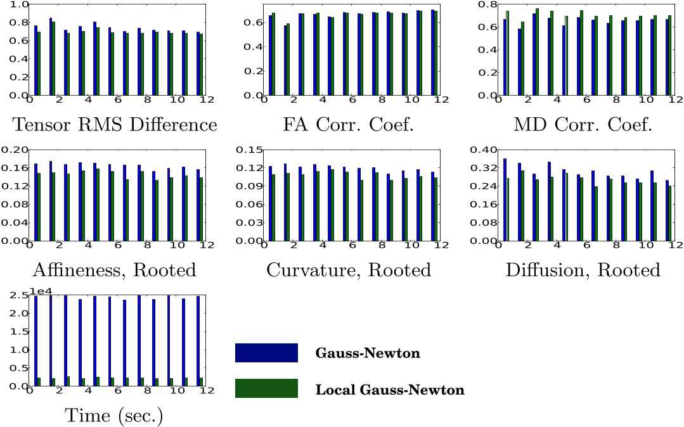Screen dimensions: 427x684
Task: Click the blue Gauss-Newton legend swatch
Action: pyautogui.click(x=266, y=353)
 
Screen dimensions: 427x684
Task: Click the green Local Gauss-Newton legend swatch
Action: pyautogui.click(x=266, y=388)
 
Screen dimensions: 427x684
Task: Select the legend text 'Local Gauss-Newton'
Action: pyautogui.click(x=390, y=390)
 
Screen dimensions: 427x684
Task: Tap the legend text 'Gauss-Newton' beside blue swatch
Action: pyautogui.click(x=368, y=354)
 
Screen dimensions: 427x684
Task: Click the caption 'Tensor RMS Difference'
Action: pyautogui.click(x=115, y=125)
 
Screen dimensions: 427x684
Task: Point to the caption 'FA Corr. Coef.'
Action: pyautogui.click(x=349, y=125)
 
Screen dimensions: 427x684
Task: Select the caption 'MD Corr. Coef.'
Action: pyautogui.click(x=583, y=125)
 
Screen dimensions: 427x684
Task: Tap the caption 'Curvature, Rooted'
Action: pyautogui.click(x=349, y=271)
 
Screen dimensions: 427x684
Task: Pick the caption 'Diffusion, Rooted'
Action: pyautogui.click(x=583, y=271)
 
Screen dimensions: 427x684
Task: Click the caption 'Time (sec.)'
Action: pyautogui.click(x=114, y=416)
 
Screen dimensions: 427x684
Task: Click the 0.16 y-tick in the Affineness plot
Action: pyautogui.click(x=15, y=168)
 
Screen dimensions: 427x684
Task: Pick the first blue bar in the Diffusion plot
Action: pyautogui.click(x=505, y=200)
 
